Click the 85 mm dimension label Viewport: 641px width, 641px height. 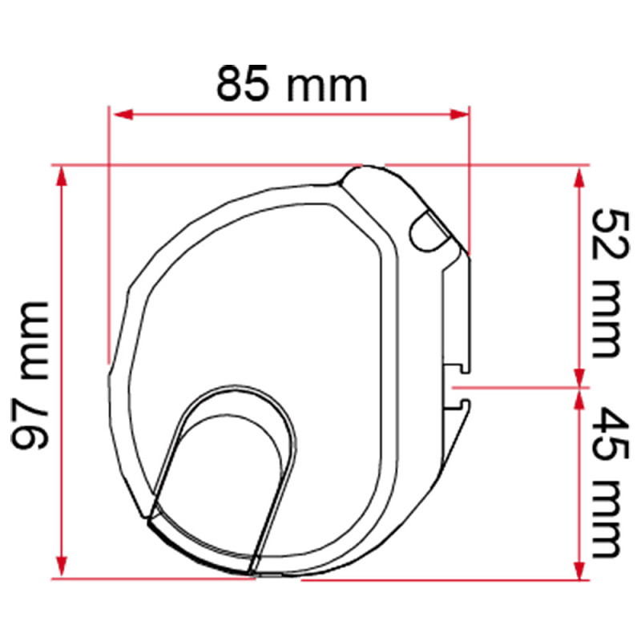click(x=292, y=83)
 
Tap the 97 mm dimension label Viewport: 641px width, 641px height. click(x=30, y=376)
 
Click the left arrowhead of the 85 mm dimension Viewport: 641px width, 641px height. click(x=123, y=115)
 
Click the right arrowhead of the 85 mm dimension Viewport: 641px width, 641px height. click(x=458, y=115)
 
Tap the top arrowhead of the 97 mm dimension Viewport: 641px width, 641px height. click(x=62, y=176)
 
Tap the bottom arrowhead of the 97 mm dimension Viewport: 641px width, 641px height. click(x=62, y=566)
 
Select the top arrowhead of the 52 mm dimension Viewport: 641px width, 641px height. click(x=579, y=177)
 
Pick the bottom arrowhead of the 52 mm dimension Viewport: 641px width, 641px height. click(x=579, y=377)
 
